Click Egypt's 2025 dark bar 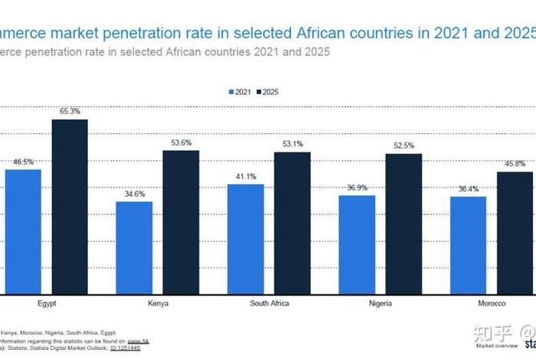70,207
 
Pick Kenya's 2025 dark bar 181,222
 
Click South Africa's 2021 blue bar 246,239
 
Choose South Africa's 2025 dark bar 292,223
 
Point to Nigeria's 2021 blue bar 358,244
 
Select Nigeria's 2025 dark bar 404,224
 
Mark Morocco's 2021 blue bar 469,245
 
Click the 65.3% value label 70,112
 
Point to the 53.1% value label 293,144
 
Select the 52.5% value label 404,146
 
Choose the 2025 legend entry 270,92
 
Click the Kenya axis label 159,303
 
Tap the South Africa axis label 269,303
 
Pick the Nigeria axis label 381,303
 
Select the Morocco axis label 492,303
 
